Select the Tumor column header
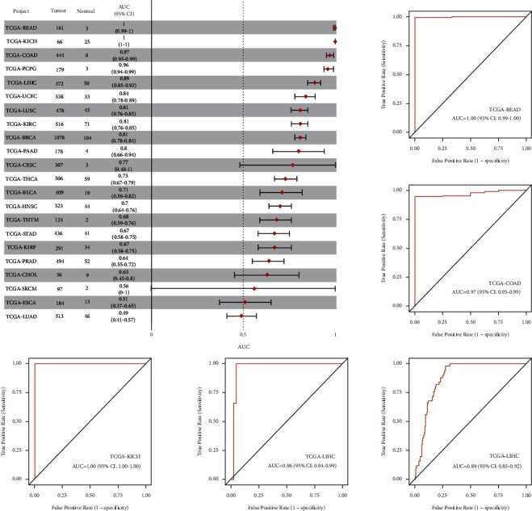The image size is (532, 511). (x=59, y=12)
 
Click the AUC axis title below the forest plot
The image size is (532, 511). (x=243, y=346)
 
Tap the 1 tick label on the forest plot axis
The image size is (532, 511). (x=335, y=333)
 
